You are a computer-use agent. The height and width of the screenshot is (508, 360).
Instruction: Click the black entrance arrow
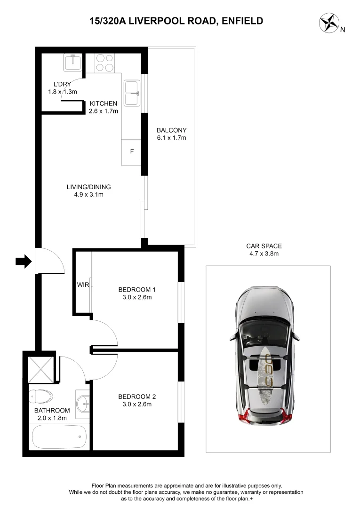pyautogui.click(x=23, y=261)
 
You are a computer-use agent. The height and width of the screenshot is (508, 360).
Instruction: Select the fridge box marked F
pyautogui.click(x=132, y=152)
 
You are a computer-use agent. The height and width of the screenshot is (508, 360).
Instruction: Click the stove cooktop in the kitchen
pyautogui.click(x=105, y=63)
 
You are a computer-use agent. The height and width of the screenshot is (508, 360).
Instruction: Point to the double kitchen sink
pyautogui.click(x=132, y=93)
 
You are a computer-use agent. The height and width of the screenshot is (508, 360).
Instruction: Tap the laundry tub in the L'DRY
pyautogui.click(x=72, y=62)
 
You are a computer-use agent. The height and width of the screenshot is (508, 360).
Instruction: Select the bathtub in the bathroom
pyautogui.click(x=59, y=437)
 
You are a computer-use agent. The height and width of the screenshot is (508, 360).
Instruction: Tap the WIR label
pyautogui.click(x=83, y=285)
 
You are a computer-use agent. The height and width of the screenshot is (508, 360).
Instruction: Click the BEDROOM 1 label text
pyautogui.click(x=137, y=289)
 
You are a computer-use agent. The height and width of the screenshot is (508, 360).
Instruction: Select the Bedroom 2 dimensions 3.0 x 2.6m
pyautogui.click(x=137, y=404)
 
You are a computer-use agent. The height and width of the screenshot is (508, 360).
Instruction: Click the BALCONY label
pyautogui.click(x=172, y=130)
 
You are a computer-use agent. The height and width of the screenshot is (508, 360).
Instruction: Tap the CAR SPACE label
pyautogui.click(x=264, y=246)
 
